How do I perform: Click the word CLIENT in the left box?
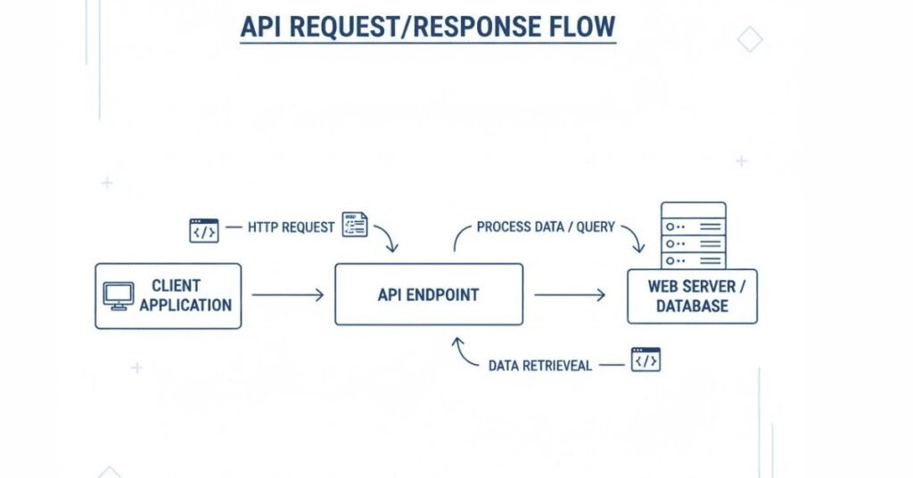(x=176, y=286)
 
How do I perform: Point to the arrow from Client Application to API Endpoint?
(x=287, y=295)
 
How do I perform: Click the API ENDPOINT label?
(x=428, y=295)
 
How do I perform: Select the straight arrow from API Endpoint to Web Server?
(x=570, y=295)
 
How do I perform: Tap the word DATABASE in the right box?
(x=692, y=306)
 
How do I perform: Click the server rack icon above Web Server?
(x=693, y=235)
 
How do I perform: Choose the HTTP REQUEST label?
(x=292, y=227)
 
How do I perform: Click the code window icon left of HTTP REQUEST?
(x=203, y=230)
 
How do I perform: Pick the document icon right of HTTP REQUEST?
(x=355, y=225)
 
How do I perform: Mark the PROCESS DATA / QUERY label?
(x=546, y=227)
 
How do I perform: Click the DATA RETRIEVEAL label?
(x=540, y=366)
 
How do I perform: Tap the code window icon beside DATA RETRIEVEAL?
(x=646, y=359)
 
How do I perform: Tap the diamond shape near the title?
(x=750, y=39)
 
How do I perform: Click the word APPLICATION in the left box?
(x=185, y=305)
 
